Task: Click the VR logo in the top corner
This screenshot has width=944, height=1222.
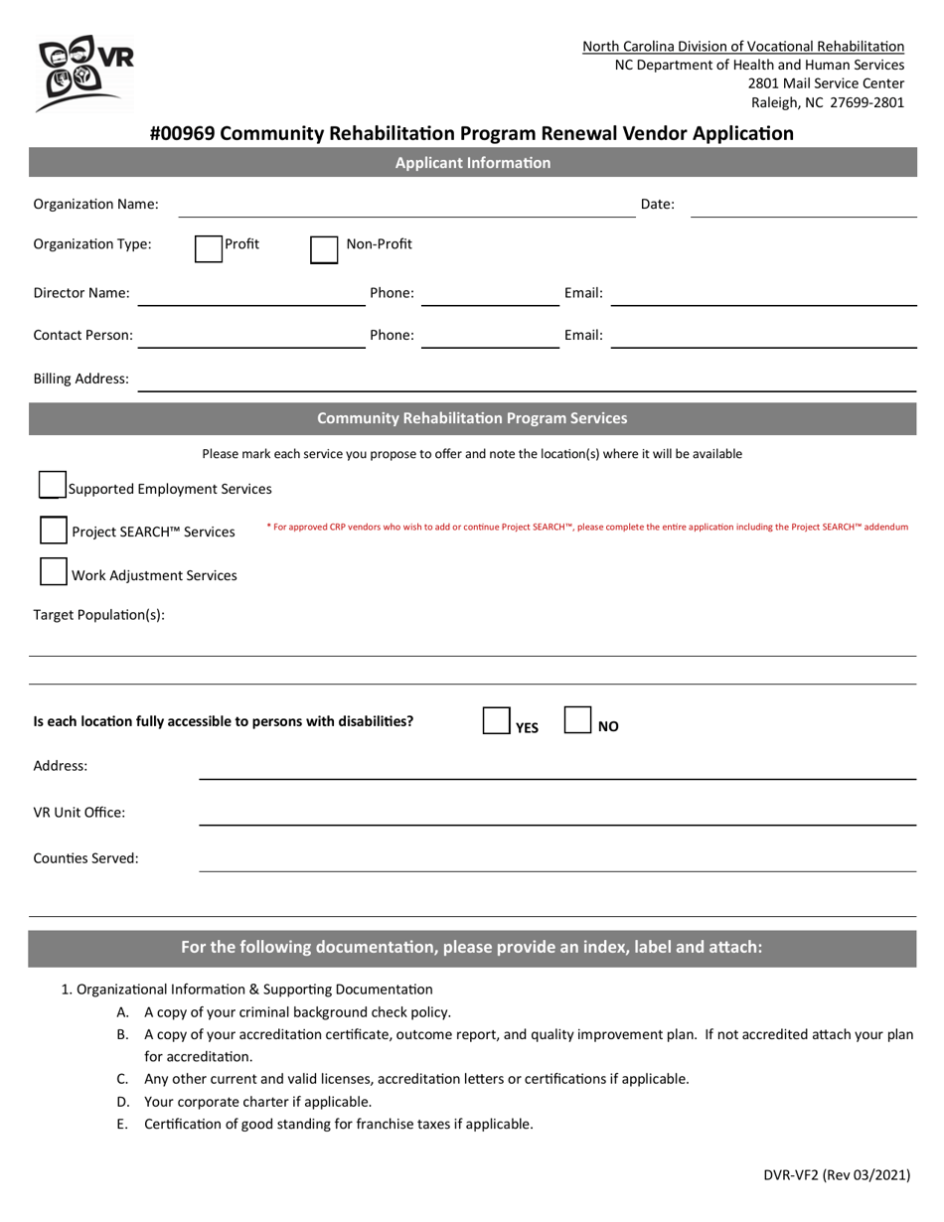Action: coord(82,74)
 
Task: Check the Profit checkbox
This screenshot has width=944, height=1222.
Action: coord(208,248)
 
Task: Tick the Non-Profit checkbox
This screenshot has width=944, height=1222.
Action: coord(324,249)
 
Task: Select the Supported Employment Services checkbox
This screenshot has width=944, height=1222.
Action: coord(53,485)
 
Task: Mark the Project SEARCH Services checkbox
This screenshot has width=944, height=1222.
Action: coord(53,531)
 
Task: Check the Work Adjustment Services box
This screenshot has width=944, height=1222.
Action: coord(53,572)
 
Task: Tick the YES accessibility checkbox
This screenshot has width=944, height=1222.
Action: coord(496,721)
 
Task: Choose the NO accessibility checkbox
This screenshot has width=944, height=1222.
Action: coord(578,721)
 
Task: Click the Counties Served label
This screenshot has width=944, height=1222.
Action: coord(86,858)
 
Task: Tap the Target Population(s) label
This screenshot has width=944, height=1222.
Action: coord(99,614)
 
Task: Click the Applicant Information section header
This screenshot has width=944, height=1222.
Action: coord(473,163)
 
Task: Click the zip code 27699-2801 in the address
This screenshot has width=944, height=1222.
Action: coord(866,102)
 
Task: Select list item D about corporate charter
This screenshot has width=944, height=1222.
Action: coord(257,1101)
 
